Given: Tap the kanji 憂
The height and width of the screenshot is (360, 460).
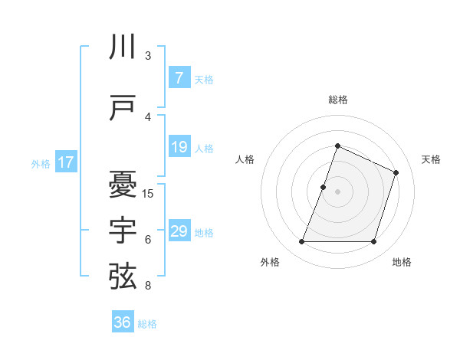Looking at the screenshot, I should tap(123, 184).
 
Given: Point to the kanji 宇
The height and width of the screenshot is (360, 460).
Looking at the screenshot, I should tap(123, 230).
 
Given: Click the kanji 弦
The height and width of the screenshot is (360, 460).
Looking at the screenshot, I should tap(123, 276).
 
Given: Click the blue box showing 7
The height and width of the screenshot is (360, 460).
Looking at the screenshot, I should tap(179, 78).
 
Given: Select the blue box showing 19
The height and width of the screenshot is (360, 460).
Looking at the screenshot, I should tap(179, 147).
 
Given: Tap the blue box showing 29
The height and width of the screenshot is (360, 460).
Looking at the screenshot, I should tap(179, 231).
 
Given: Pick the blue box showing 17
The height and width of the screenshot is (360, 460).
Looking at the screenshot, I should tap(65, 162).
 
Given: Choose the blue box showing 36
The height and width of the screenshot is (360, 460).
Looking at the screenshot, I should tap(122, 322).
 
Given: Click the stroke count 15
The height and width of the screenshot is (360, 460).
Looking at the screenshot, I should tap(148, 193).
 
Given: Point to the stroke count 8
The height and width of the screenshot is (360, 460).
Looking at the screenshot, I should tap(148, 285).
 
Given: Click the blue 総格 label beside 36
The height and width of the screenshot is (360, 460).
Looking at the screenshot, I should tap(147, 324).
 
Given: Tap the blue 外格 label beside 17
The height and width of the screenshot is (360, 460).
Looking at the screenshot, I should tap(41, 163).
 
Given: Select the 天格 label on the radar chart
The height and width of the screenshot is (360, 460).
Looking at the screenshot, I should tap(431, 159).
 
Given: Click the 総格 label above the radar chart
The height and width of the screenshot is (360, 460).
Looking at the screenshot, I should tap(337, 100).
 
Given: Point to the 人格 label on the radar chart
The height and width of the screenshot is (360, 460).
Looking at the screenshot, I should tap(245, 159).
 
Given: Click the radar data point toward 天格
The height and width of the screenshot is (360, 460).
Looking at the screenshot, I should tap(396, 172).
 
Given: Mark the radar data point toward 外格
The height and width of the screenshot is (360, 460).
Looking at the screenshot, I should tap(301, 242).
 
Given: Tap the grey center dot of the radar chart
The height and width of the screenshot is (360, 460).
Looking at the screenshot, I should tap(337, 191).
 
